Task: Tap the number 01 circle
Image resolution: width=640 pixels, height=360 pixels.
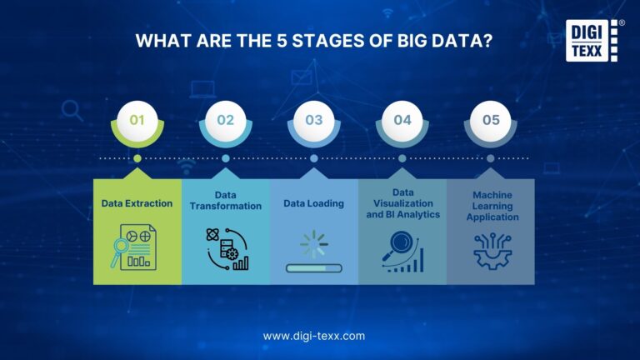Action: [137, 120]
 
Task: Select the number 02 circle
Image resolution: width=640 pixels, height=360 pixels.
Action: [226, 120]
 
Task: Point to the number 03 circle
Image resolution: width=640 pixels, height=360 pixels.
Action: [314, 120]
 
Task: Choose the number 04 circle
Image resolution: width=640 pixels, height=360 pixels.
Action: [402, 120]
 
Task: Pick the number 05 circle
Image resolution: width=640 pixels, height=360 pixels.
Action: [491, 120]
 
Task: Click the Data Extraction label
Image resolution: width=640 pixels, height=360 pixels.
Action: [137, 202]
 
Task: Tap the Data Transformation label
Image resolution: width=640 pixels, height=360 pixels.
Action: [226, 201]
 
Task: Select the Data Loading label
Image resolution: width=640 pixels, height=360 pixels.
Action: [314, 202]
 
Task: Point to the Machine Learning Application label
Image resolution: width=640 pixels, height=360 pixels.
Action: [491, 205]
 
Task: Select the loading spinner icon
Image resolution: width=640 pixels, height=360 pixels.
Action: [314, 244]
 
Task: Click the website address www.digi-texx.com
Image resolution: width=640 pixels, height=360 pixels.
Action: [314, 336]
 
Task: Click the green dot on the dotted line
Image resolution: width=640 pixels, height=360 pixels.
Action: [137, 157]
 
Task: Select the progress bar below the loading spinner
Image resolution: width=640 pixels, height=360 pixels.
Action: [314, 268]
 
